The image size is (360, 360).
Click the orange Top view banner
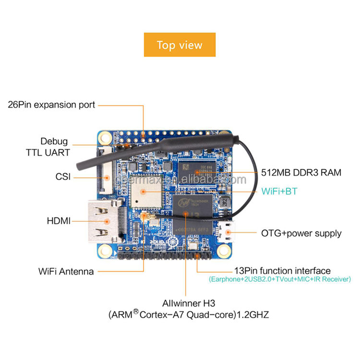click(180, 45)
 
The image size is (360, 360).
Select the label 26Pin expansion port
click(52, 104)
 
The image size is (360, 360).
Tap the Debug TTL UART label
click(54, 147)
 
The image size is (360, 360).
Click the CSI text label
click(63, 177)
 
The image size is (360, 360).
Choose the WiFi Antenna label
click(66, 271)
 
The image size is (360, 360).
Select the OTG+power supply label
click(301, 234)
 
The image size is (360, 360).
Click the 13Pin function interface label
click(282, 271)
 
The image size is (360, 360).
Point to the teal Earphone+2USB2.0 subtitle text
click(280, 279)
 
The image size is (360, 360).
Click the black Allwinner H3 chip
click(193, 213)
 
